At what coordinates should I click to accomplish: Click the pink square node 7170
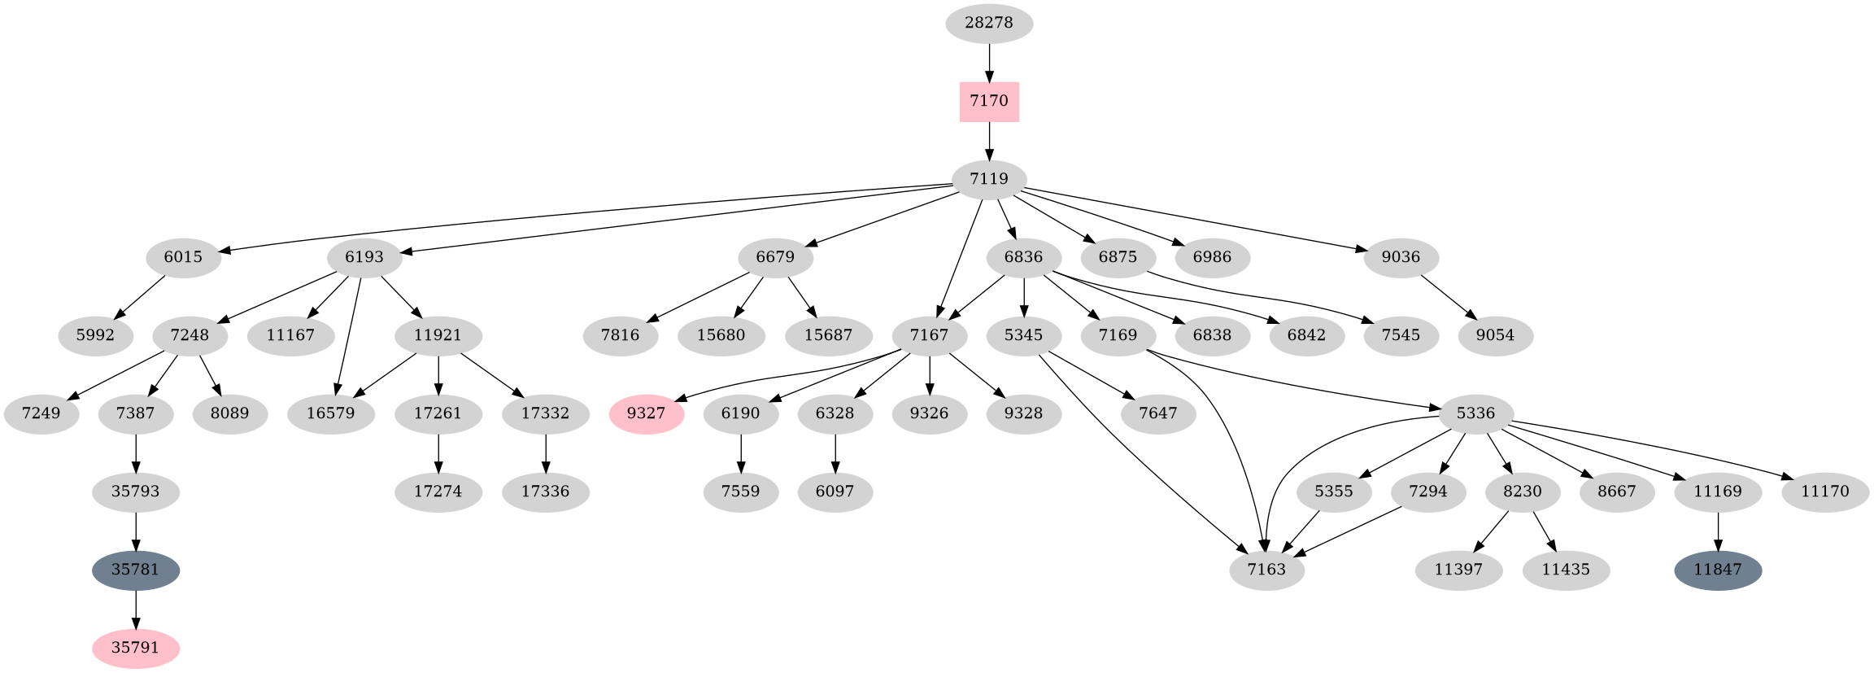coord(989,101)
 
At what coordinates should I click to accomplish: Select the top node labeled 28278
coord(989,23)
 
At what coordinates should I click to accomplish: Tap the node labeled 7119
coord(989,179)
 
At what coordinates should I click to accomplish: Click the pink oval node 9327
coord(647,413)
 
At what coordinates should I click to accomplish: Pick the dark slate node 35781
coord(136,570)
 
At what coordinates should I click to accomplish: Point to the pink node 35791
coord(136,649)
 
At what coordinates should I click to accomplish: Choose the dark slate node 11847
coord(1718,570)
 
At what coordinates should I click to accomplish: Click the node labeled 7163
coord(1266,570)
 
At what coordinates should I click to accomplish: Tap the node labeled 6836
coord(1023,257)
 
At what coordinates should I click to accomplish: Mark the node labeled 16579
coord(330,413)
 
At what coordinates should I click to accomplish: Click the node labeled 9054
coord(1495,335)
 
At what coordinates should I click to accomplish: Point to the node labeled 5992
coord(96,335)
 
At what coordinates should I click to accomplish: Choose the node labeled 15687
coord(828,335)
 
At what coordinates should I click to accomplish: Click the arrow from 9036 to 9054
coord(1448,296)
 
